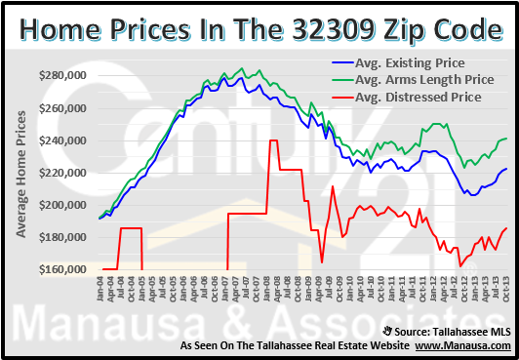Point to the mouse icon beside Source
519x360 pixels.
pyautogui.click(x=390, y=331)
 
